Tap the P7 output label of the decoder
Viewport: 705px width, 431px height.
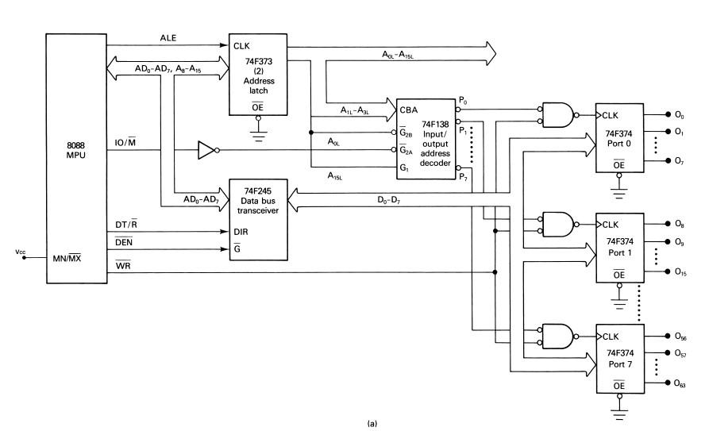[464, 175]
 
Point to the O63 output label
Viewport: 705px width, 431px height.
[680, 383]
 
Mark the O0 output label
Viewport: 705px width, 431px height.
[680, 114]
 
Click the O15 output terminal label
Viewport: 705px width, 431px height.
[680, 272]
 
